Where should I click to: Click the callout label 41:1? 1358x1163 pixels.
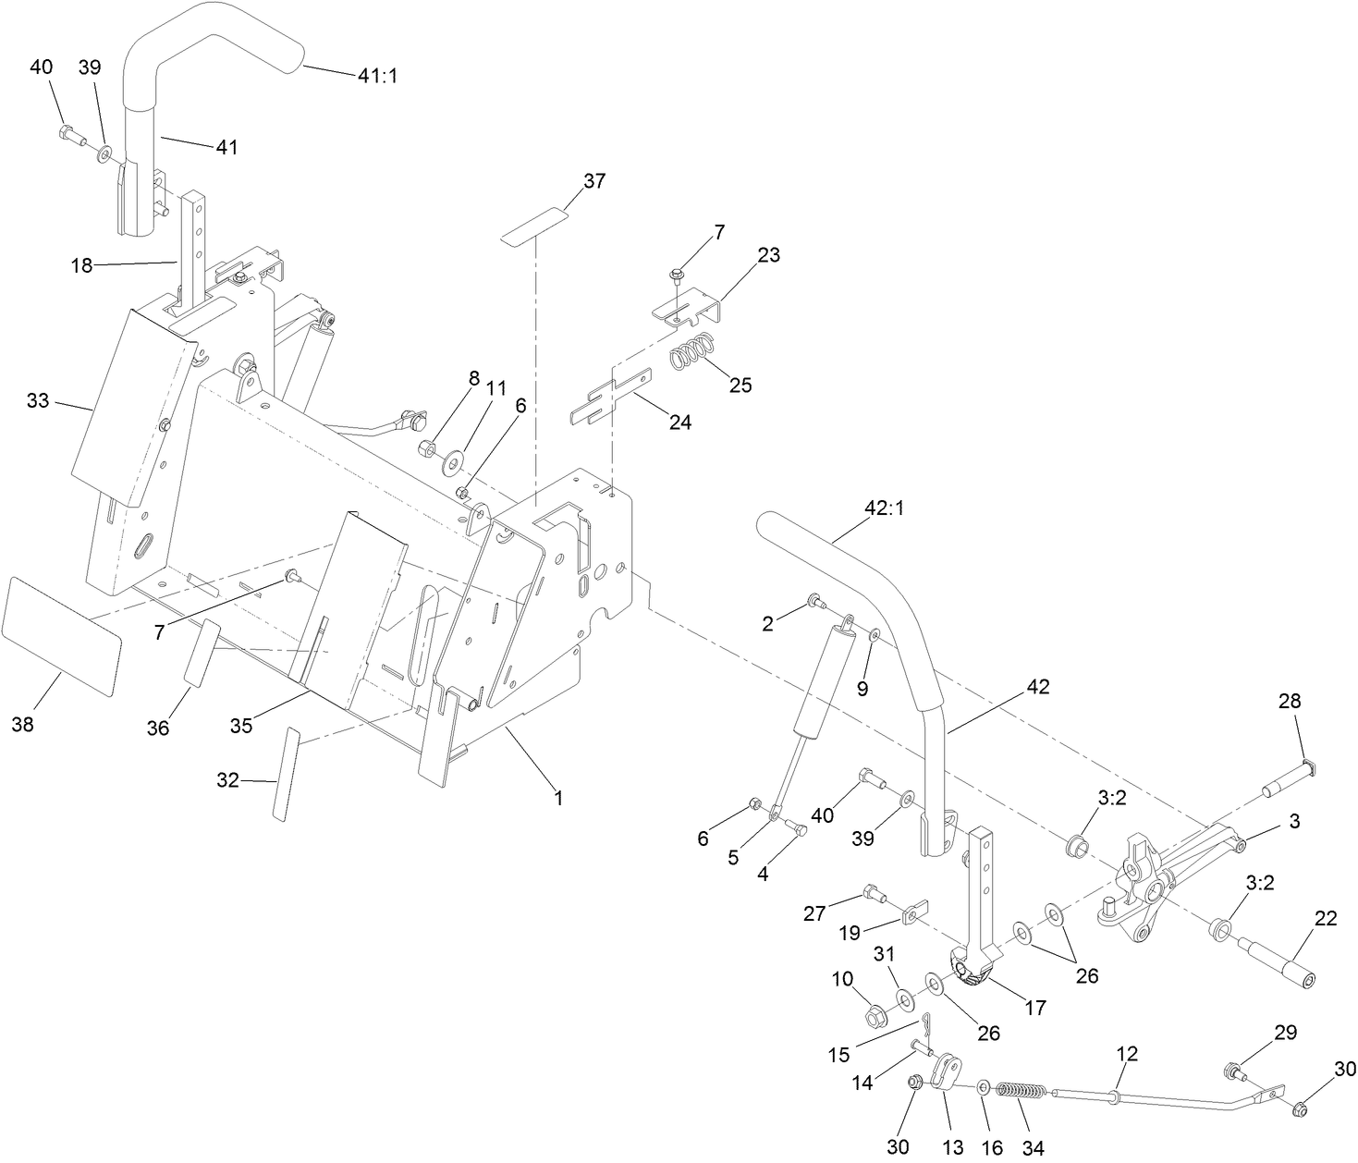[x=377, y=76]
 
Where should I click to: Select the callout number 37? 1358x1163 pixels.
[x=594, y=181]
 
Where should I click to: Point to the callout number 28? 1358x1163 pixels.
[x=1290, y=702]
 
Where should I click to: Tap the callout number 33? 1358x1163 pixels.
[x=38, y=401]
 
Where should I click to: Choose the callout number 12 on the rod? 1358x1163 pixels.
[x=1127, y=1053]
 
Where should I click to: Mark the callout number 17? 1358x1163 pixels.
[x=1036, y=1007]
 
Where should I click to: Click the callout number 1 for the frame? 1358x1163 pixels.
[x=557, y=796]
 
